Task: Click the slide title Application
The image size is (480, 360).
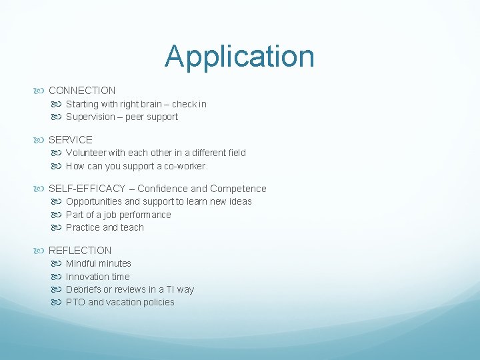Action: pos(239,56)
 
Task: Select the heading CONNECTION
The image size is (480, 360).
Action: pos(82,91)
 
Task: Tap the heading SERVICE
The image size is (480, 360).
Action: pos(71,140)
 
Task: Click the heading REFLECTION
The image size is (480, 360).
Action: pos(80,251)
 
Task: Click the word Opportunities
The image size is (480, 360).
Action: pos(94,201)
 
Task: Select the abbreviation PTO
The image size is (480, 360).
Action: pos(75,302)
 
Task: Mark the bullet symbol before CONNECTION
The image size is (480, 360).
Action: pos(42,91)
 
